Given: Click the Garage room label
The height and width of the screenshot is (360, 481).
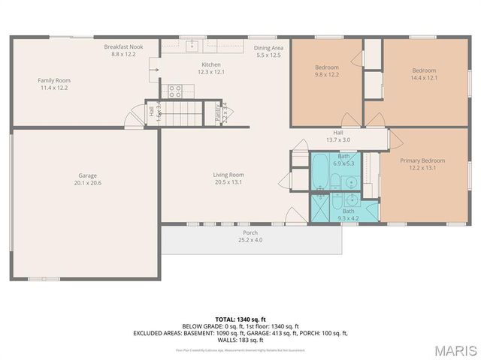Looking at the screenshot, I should [x=87, y=179].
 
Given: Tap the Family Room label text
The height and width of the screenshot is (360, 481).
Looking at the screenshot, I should [x=53, y=84].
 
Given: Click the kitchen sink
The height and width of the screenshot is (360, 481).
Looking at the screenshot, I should [x=192, y=45].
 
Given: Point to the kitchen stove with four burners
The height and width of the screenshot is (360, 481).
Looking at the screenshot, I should [x=174, y=91].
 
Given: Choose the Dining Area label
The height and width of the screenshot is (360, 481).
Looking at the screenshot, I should [x=268, y=52].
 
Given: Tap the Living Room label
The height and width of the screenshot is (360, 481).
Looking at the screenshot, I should [x=228, y=178].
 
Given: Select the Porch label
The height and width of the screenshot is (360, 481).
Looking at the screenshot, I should [x=250, y=236].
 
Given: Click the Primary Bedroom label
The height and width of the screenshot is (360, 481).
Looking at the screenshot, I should [x=422, y=164].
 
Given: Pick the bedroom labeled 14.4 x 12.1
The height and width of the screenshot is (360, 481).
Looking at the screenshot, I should [x=423, y=74].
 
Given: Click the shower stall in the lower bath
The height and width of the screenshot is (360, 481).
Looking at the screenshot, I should [x=321, y=206].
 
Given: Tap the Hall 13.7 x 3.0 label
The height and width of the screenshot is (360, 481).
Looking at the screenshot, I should [x=337, y=136].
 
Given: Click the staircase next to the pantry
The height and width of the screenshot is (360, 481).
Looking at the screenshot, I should [x=184, y=115].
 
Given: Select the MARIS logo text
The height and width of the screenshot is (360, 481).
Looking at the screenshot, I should [x=454, y=349].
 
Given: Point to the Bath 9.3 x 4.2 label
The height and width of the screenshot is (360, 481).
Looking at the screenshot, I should [x=349, y=214].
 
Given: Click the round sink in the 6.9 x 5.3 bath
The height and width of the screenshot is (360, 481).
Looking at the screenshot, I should [x=351, y=181].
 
